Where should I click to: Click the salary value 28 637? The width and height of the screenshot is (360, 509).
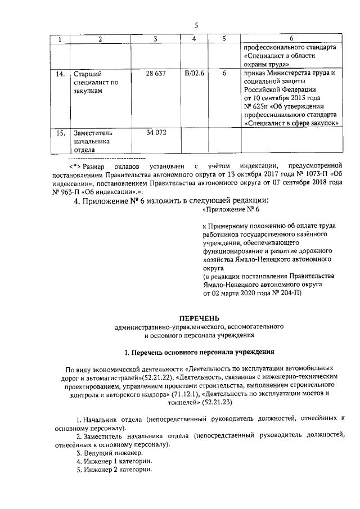coord(155,74)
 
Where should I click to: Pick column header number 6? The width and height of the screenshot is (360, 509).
coord(291,39)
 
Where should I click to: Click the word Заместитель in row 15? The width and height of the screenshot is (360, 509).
coord(93,134)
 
